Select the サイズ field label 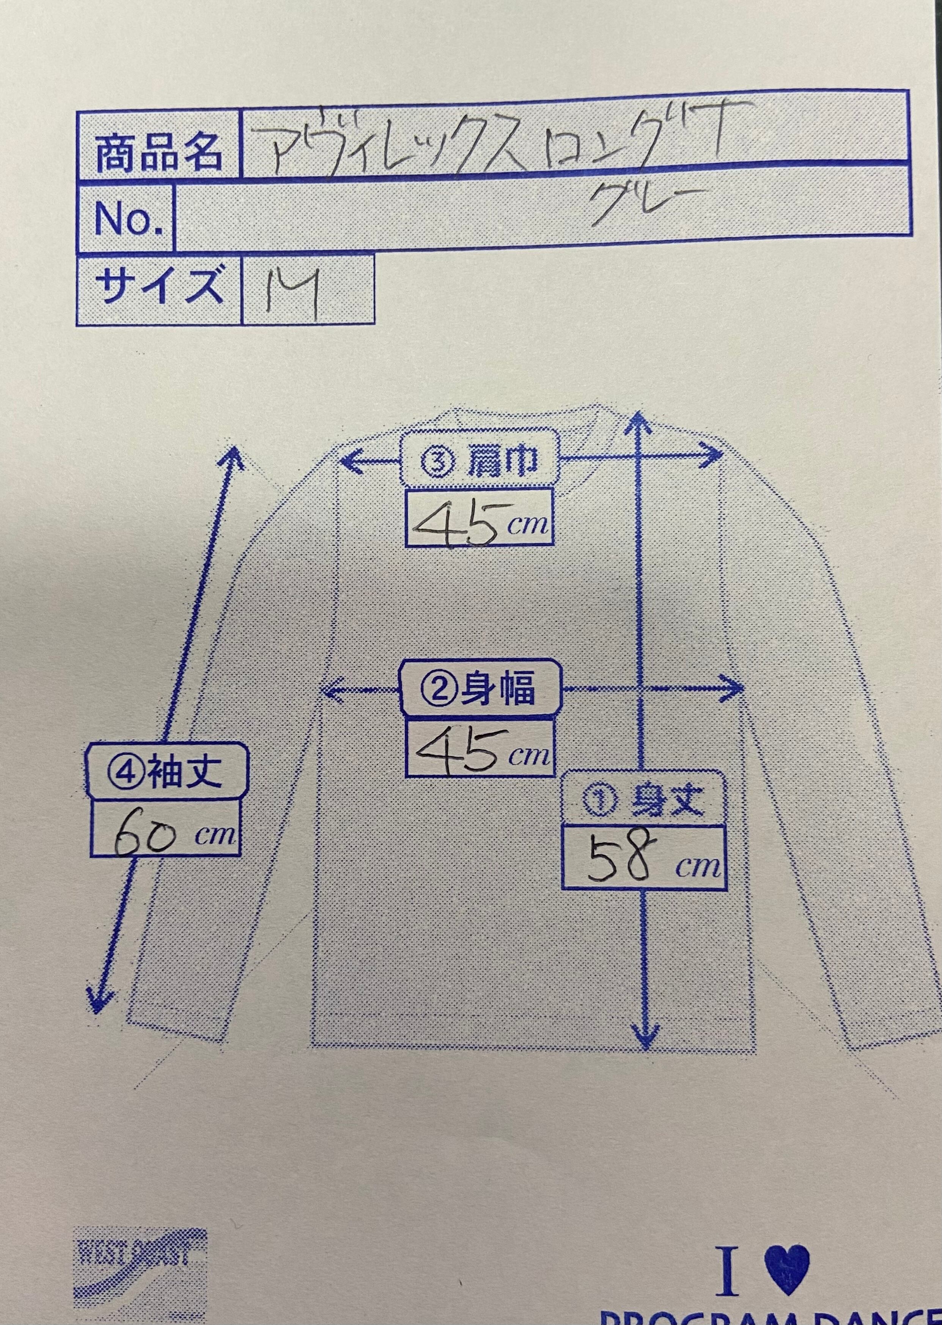[x=158, y=287]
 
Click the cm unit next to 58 [x=698, y=867]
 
